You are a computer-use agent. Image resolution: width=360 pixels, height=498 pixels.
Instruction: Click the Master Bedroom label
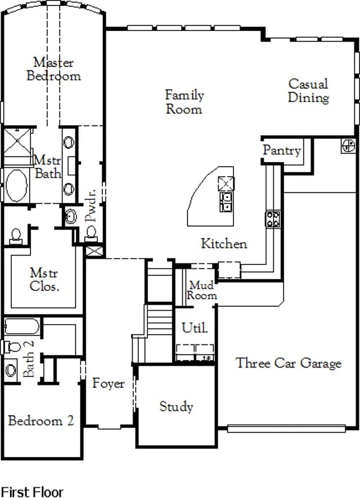click(53, 69)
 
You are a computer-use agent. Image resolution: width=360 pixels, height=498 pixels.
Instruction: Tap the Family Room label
click(184, 102)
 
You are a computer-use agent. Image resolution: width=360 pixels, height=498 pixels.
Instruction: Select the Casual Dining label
click(308, 91)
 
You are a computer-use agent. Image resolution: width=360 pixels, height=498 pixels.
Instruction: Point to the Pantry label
click(282, 151)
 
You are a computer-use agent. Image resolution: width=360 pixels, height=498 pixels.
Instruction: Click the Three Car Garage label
click(289, 363)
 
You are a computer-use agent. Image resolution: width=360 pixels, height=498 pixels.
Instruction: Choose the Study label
click(176, 406)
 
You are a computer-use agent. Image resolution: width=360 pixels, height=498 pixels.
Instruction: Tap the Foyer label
click(108, 384)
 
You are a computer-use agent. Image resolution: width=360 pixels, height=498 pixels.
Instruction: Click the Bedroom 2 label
click(41, 420)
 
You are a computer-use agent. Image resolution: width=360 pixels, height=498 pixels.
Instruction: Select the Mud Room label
click(202, 290)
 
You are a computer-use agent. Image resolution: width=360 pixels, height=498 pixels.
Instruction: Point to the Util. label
click(195, 327)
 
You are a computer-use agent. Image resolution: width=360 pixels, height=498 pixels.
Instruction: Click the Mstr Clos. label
click(44, 280)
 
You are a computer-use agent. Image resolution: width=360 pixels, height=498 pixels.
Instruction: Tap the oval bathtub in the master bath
click(16, 186)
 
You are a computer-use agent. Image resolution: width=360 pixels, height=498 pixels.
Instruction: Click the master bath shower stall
click(17, 142)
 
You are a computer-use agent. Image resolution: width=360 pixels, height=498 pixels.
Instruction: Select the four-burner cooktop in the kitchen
click(273, 219)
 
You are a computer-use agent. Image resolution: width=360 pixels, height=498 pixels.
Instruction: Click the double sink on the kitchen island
click(226, 202)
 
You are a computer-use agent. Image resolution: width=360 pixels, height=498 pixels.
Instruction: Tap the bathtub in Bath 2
click(21, 326)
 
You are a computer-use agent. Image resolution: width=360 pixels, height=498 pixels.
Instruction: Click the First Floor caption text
click(32, 492)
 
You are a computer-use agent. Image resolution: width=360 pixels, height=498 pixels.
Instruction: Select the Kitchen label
click(224, 244)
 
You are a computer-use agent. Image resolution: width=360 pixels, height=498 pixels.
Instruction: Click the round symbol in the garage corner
click(348, 146)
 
